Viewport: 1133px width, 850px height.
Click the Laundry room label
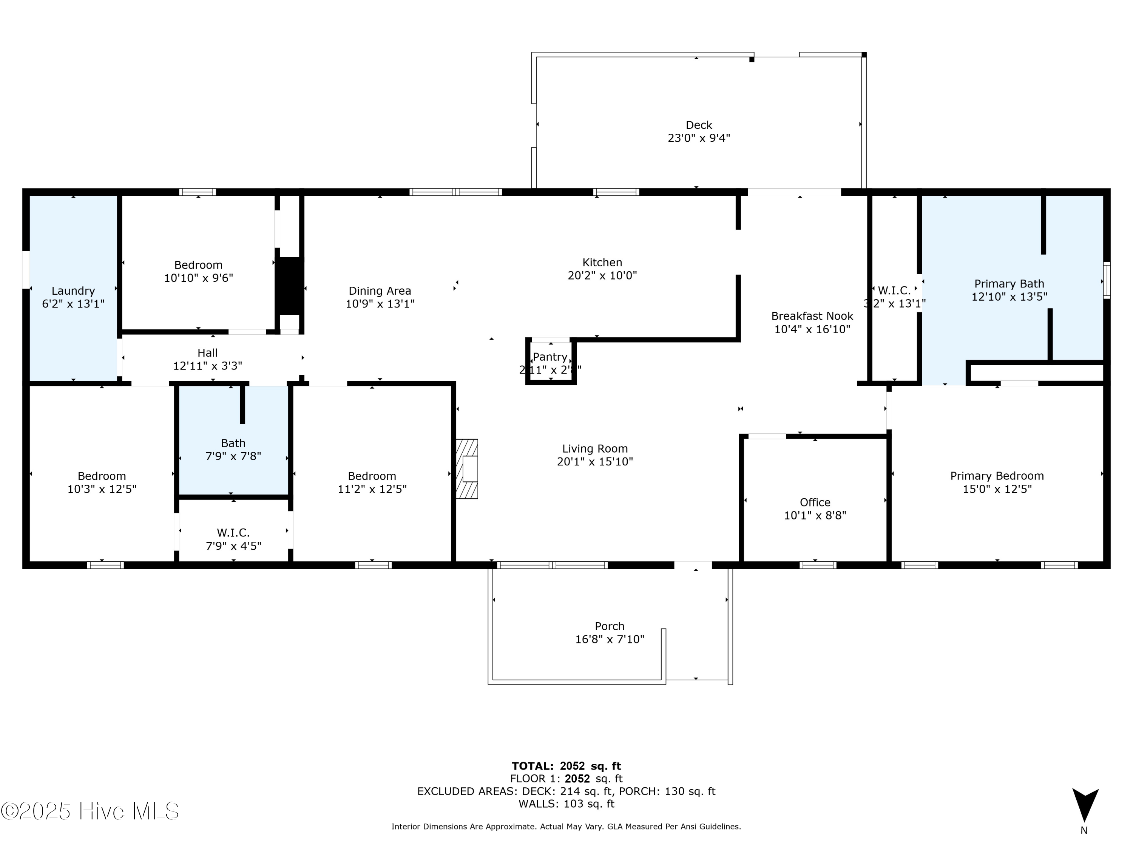pyautogui.click(x=73, y=291)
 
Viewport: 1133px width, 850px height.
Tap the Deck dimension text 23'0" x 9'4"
pyautogui.click(x=699, y=138)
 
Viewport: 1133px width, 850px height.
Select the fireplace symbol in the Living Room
pyautogui.click(x=467, y=469)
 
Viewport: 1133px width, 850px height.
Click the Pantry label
pyautogui.click(x=550, y=357)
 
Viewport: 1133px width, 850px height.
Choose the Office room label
pyautogui.click(x=815, y=502)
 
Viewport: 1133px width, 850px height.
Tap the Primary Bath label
pyautogui.click(x=1009, y=284)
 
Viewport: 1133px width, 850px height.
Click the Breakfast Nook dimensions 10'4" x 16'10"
pyautogui.click(x=812, y=329)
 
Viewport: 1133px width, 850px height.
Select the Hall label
pyautogui.click(x=207, y=353)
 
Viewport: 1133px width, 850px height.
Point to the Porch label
pyautogui.click(x=610, y=626)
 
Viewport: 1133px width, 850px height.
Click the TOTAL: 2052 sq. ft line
pyautogui.click(x=566, y=766)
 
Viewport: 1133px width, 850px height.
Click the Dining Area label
pyautogui.click(x=380, y=291)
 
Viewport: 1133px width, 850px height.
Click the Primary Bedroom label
pyautogui.click(x=997, y=476)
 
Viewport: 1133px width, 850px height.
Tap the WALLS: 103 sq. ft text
pyautogui.click(x=566, y=804)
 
